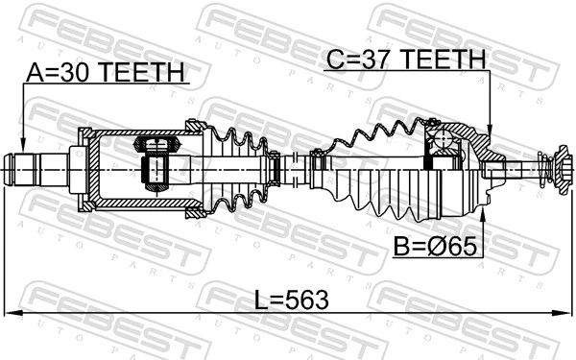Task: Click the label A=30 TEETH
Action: [x=105, y=72]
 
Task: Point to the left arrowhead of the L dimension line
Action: [x=8, y=313]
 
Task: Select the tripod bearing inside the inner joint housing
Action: [x=156, y=163]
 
